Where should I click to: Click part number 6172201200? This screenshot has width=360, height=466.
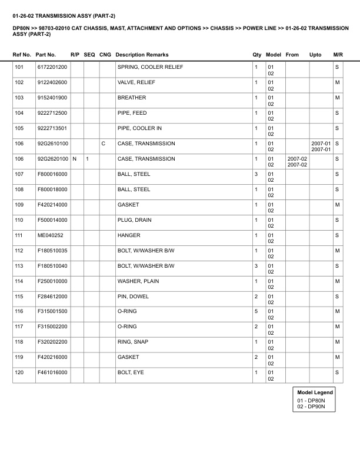pos(52,67)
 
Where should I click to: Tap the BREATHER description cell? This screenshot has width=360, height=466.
pos(132,98)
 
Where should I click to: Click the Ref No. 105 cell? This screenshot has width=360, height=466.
pos(19,128)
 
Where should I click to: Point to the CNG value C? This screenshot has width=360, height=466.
pos(103,144)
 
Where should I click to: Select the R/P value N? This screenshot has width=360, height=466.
pos(74,159)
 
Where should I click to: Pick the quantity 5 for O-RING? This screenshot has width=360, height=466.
pos(256,311)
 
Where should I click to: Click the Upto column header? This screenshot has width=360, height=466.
pos(315,55)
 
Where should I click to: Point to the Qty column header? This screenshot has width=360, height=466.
pos(257,55)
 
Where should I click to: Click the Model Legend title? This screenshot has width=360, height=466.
pos(315,392)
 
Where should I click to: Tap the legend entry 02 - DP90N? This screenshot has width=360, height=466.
pos(311,407)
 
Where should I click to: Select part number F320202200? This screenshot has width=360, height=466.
pos(52,342)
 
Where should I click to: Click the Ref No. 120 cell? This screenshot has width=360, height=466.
pos(19,372)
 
